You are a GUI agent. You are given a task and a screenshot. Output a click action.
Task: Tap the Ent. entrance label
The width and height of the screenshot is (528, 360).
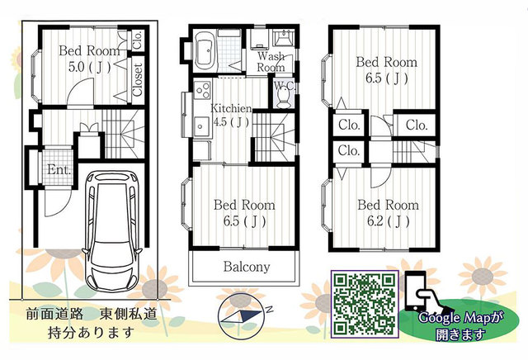pyautogui.click(x=59, y=169)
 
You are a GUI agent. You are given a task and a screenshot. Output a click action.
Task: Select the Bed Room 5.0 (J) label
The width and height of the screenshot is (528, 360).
pyautogui.click(x=89, y=59)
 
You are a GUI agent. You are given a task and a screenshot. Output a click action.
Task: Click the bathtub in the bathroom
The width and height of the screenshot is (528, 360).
pyautogui.click(x=205, y=50)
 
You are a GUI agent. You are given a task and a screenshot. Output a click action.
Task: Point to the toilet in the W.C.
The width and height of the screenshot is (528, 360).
pyautogui.click(x=282, y=97)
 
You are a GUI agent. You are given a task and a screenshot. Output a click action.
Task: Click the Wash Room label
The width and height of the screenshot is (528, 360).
pyautogui.click(x=271, y=62)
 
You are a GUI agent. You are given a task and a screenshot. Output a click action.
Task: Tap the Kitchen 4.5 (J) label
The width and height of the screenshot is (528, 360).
pyautogui.click(x=231, y=115)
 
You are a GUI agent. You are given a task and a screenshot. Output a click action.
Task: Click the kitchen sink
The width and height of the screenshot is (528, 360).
pyautogui.click(x=202, y=126)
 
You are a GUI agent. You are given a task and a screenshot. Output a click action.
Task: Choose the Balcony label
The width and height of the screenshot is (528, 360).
pyautogui.click(x=247, y=267)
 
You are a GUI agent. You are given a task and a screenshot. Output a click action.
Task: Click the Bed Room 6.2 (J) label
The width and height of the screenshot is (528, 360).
pyautogui.click(x=388, y=213)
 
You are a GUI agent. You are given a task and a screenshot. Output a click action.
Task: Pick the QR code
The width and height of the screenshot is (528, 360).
pyautogui.click(x=365, y=304)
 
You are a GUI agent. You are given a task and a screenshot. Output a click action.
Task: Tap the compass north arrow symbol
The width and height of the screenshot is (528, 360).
pyautogui.click(x=244, y=316)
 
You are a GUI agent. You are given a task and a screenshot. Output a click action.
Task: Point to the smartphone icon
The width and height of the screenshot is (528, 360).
pyautogui.click(x=415, y=291)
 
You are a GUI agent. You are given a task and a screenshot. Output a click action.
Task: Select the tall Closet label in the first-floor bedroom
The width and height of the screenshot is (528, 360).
pyautogui.click(x=138, y=79)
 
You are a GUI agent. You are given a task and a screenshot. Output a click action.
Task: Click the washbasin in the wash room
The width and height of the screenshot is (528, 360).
pyautogui.click(x=283, y=37)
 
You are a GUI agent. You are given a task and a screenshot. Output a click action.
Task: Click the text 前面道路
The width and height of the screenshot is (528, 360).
pyautogui.click(x=54, y=314)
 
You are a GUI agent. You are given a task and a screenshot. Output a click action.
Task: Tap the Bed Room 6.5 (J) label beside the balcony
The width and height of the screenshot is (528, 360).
pyautogui.click(x=244, y=213)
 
